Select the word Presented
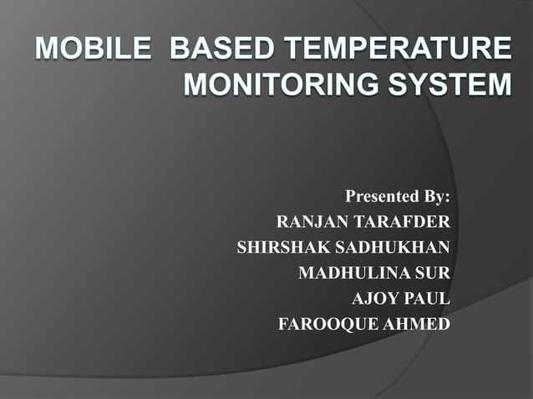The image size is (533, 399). coord(381,197)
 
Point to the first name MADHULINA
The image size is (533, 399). coord(354,272)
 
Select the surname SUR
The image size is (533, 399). coord(432,272)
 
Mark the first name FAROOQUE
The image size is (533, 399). coord(328,323)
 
